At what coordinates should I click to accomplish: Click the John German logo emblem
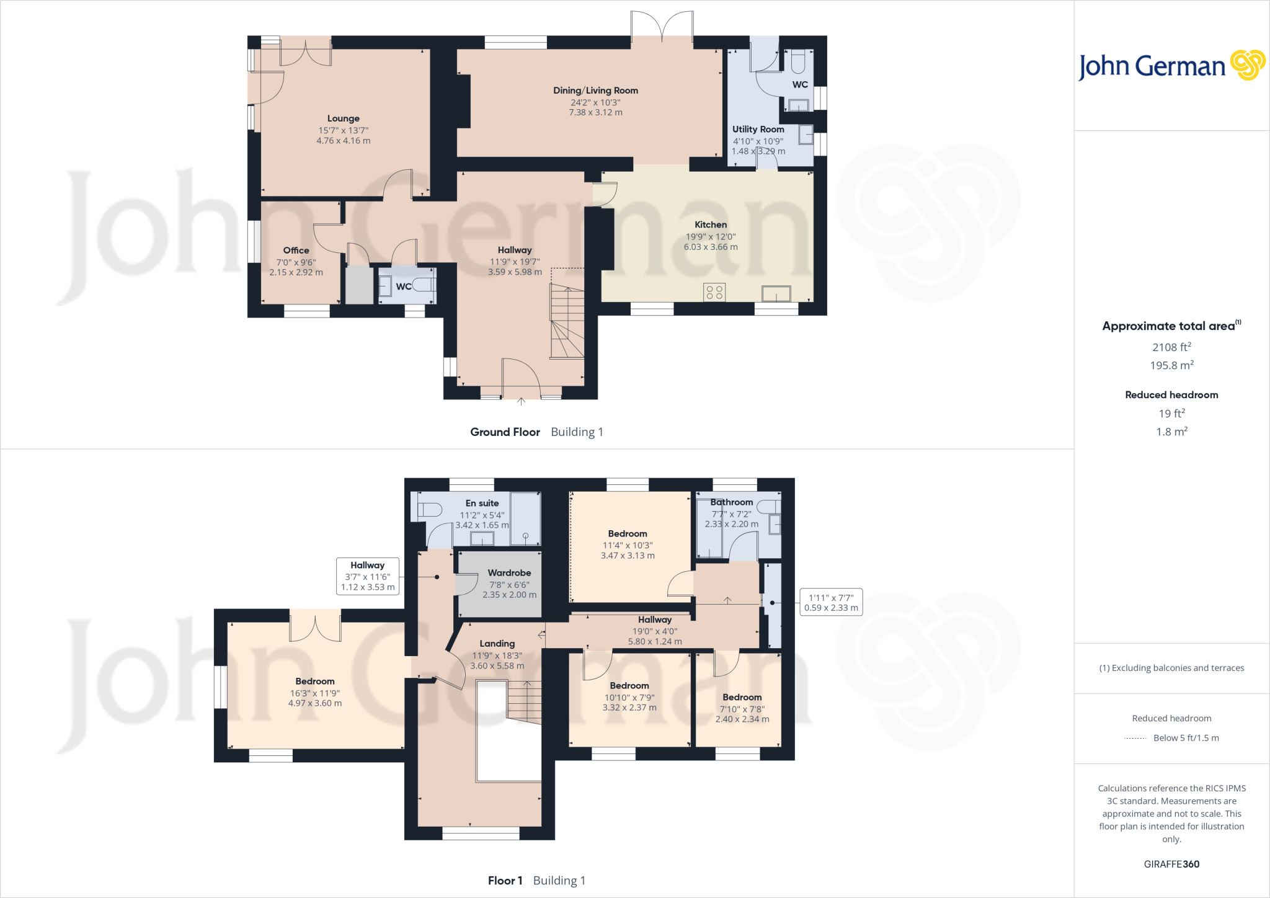[x=1247, y=65]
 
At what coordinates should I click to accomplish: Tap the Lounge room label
[x=343, y=118]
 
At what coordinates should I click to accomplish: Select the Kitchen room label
[x=711, y=225]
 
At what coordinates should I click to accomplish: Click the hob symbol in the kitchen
[x=714, y=292]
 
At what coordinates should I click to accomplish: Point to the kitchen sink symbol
[x=776, y=293]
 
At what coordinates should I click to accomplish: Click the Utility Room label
[x=758, y=129]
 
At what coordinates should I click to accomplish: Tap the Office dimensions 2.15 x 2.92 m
[x=296, y=272]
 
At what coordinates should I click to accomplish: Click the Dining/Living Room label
[x=595, y=91]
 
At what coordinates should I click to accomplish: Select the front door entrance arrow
[x=521, y=402]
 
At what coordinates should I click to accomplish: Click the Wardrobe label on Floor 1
[x=509, y=573]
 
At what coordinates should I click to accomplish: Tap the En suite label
[x=482, y=504]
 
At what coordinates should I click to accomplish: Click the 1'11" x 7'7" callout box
[x=831, y=602]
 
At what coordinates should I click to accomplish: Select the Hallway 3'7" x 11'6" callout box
[x=368, y=576]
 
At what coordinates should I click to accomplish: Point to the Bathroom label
[x=732, y=502]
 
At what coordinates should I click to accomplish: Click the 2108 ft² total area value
[x=1171, y=347]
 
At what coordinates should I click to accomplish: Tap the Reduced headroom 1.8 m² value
[x=1171, y=432]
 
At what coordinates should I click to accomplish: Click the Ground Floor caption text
[x=505, y=432]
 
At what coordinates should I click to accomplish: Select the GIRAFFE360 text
[x=1171, y=864]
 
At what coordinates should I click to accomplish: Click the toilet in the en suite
[x=429, y=510]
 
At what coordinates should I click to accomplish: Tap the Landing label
[x=497, y=644]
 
